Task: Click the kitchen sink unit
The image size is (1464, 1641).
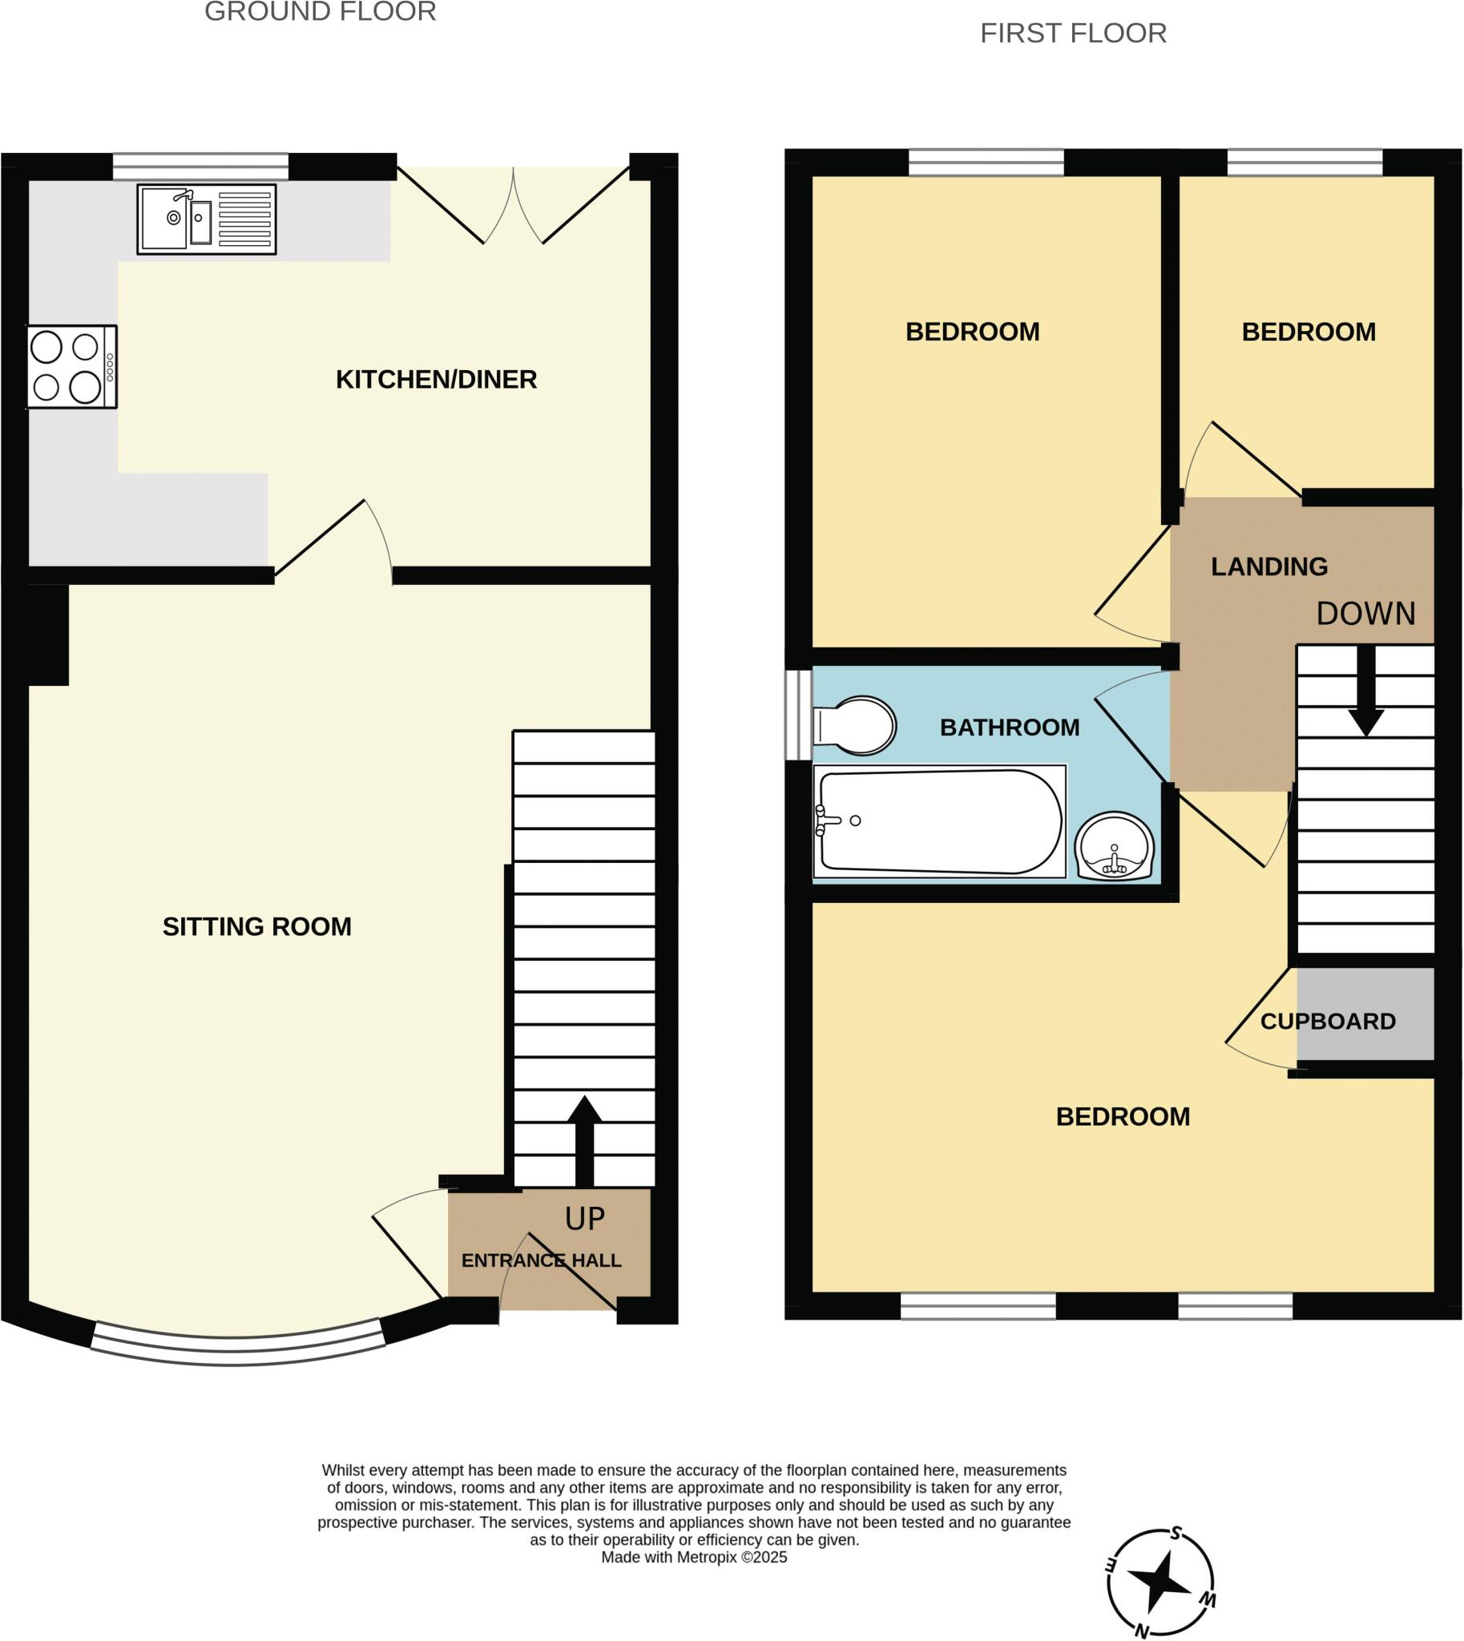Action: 207,219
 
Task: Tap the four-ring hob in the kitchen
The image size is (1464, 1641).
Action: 72,367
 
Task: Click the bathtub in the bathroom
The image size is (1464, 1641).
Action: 939,821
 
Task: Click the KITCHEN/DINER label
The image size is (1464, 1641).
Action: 436,380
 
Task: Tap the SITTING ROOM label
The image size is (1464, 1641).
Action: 256,927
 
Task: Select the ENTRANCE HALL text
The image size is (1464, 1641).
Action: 542,1260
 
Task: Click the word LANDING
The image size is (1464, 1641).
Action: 1269,567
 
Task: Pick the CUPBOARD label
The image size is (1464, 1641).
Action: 1328,1022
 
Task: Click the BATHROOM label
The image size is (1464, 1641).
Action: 1010,728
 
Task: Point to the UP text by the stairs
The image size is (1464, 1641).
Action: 585,1220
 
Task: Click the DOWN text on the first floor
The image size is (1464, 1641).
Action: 1366,615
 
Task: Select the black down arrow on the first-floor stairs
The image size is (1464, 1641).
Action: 1366,691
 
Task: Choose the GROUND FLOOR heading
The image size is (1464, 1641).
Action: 321,12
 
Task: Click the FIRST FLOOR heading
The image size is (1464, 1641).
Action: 1073,34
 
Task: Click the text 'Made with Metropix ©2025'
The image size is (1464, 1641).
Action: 694,1558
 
